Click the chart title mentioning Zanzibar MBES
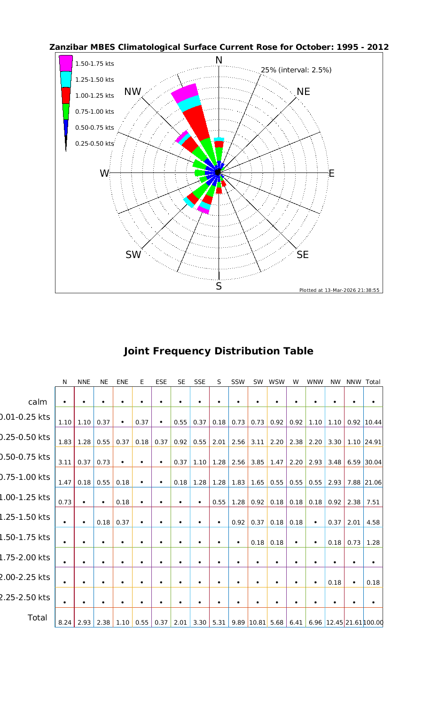pyautogui.click(x=219, y=47)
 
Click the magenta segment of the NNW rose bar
pyautogui.click(x=185, y=92)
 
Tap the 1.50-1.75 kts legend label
pyautogui.click(x=94, y=64)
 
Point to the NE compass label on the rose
pyautogui.click(x=303, y=92)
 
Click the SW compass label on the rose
pyautogui.click(x=133, y=255)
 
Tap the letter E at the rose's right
pyautogui.click(x=331, y=173)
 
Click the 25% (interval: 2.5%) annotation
pyautogui.click(x=296, y=70)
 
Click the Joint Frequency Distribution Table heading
pyautogui.click(x=218, y=351)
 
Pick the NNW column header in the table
pyautogui.click(x=353, y=382)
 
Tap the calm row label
pyautogui.click(x=38, y=402)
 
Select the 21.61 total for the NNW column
pyautogui.click(x=353, y=623)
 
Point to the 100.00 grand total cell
pyautogui.click(x=374, y=623)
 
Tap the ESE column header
pyautogui.click(x=161, y=382)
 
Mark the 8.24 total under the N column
pyautogui.click(x=64, y=623)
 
